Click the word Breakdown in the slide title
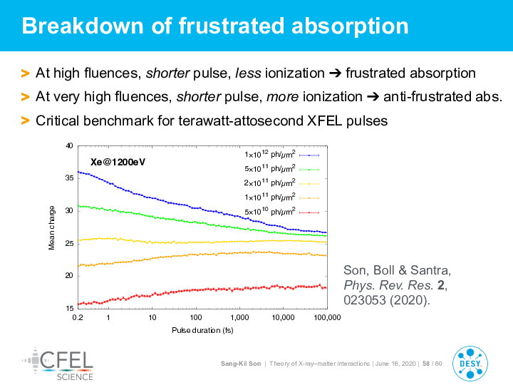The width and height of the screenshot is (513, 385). point(83,26)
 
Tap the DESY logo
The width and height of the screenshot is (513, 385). point(470,364)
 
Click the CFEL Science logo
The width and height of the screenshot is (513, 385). point(58,364)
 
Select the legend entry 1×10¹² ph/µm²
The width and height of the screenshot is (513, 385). point(281,155)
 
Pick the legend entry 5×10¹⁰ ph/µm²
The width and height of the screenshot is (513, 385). point(281,212)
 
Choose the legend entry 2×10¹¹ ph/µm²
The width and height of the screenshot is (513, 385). point(281,183)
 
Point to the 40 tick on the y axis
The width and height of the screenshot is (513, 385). point(69,146)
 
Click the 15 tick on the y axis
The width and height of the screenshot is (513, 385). point(69,308)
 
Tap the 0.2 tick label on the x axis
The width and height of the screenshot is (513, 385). point(78,317)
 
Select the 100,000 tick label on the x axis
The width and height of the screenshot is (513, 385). point(327,317)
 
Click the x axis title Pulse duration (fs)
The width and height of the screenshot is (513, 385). point(202,330)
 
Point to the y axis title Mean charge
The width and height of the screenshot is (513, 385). point(52,228)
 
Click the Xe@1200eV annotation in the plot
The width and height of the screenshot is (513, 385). point(118,162)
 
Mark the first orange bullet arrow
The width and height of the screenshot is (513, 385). point(25,73)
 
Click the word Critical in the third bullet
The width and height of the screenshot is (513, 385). point(58,120)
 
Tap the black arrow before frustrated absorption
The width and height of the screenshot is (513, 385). point(335,73)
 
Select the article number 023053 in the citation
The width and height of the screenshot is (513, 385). point(364,300)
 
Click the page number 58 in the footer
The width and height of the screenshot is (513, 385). point(426,364)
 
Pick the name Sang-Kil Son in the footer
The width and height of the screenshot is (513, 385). point(241,364)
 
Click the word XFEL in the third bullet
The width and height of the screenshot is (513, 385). point(325,120)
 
